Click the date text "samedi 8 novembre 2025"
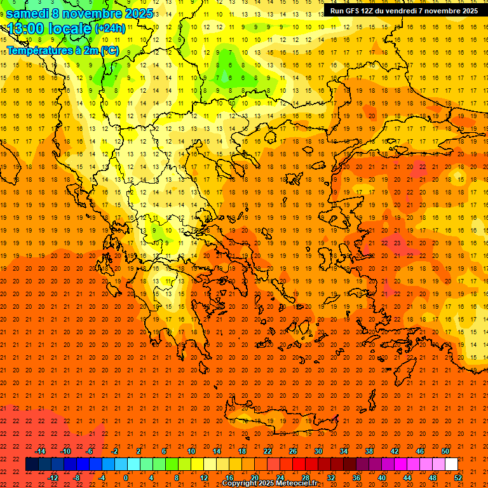click(x=79, y=13)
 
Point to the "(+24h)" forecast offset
click(x=110, y=29)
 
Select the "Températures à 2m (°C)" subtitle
click(x=62, y=51)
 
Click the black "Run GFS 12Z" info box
click(x=404, y=11)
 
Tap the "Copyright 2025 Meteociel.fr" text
click(x=269, y=484)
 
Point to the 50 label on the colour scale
click(x=445, y=451)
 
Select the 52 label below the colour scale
click(x=458, y=478)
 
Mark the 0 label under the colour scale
click(x=126, y=478)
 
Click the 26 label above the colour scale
click(x=293, y=451)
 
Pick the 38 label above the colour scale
click(x=369, y=451)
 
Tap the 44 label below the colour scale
click(x=407, y=478)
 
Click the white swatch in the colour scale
click(x=452, y=464)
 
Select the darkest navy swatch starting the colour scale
click(x=32, y=464)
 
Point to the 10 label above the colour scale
click(x=191, y=451)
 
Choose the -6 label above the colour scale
click(x=90, y=451)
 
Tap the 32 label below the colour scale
click(x=331, y=478)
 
